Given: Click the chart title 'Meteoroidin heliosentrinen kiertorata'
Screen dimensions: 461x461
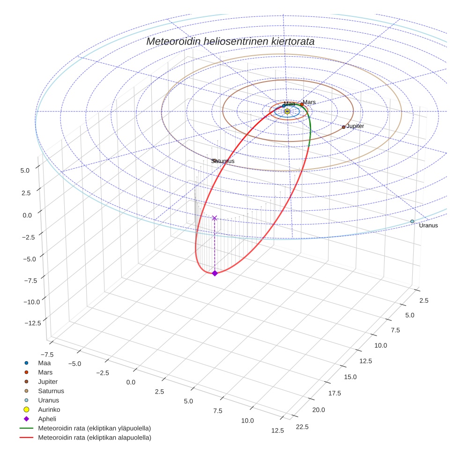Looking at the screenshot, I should pos(230,41).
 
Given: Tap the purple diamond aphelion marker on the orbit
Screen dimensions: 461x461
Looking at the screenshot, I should pos(215,273).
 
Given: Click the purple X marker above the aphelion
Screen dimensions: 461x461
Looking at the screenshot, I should pos(215,218).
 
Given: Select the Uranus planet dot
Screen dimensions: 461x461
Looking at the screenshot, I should pos(412,221).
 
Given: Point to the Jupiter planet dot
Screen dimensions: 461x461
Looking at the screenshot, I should pos(343,127).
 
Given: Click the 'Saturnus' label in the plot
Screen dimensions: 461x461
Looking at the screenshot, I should pos(223,161).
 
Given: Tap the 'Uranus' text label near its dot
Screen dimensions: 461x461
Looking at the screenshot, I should pos(428,226).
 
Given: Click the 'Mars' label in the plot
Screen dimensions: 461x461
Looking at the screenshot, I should pos(309,102).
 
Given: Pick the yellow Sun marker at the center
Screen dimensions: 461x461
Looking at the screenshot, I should pos(287,112).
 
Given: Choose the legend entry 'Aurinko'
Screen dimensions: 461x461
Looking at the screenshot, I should pos(49,409).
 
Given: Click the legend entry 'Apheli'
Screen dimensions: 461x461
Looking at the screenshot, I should pos(47,419).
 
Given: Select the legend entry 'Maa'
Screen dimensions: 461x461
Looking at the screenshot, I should pos(44,363).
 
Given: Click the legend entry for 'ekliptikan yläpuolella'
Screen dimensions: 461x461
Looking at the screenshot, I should pos(94,428).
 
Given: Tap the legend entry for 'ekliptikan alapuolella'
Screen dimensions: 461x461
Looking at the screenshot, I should pos(94,438).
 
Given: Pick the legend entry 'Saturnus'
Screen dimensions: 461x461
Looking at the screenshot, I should pos(51,391).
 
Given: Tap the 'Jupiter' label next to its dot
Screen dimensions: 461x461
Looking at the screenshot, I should pos(355,126).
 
